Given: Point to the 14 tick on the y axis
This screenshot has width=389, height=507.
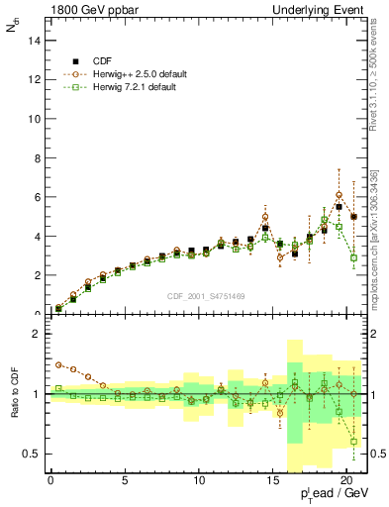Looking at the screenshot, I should [x=33, y=41].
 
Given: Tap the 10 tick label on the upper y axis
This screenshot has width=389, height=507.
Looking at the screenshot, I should [x=33, y=119].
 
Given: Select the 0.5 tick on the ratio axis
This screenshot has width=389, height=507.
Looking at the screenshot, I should [x=30, y=454].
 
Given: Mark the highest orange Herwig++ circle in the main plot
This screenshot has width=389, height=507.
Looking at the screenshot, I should [x=340, y=195].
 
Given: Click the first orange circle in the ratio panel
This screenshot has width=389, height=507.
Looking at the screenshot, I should [x=58, y=364].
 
